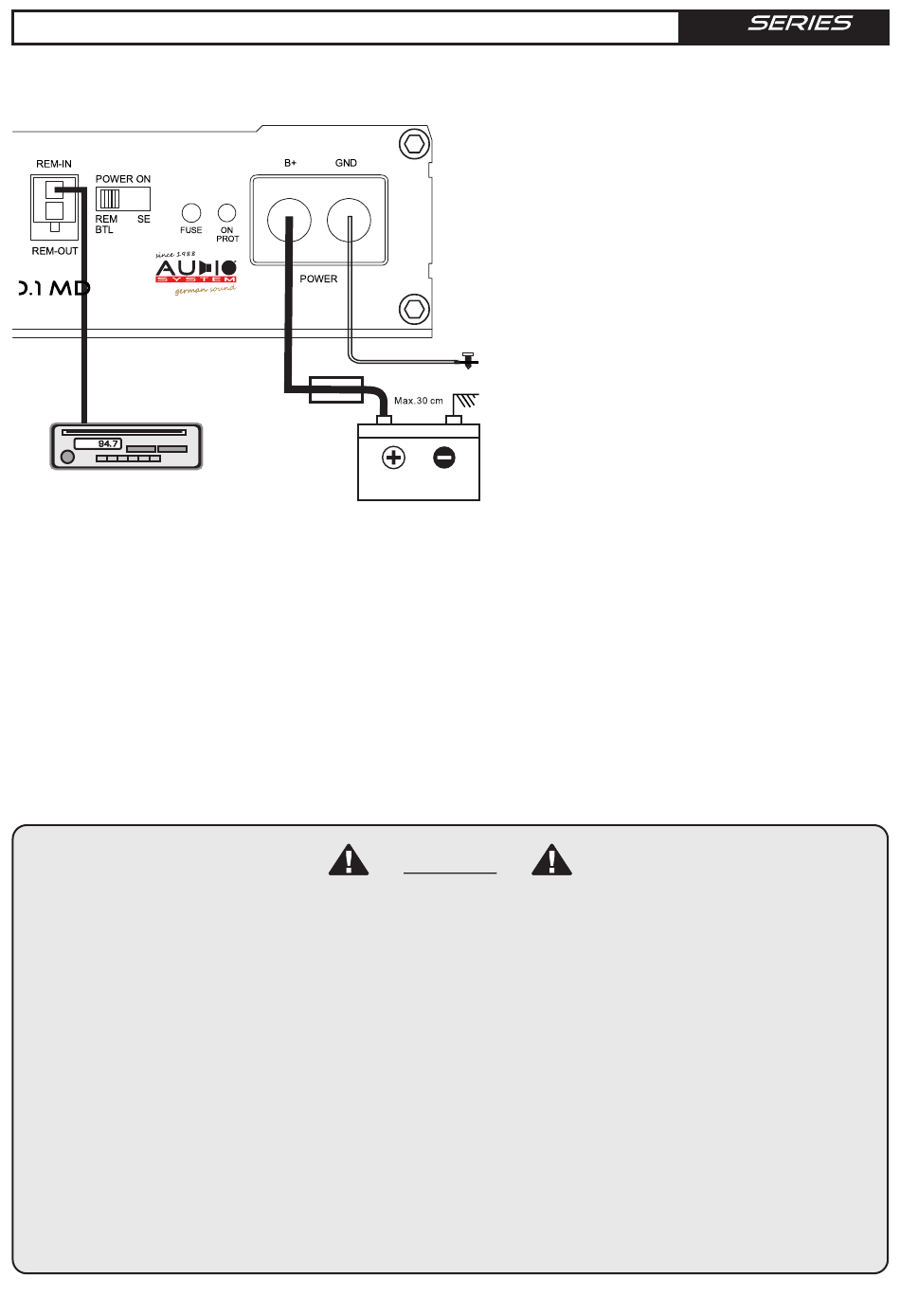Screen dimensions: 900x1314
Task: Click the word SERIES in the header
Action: [800, 24]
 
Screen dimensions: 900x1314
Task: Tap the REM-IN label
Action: [54, 164]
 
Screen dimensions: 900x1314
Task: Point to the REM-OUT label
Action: [55, 251]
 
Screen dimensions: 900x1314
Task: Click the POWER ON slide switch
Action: [123, 199]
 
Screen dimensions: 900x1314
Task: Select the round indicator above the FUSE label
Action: [190, 212]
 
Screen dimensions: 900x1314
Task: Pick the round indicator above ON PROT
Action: [227, 212]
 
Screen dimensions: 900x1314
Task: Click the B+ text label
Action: [291, 163]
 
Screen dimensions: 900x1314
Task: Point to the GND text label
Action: [346, 163]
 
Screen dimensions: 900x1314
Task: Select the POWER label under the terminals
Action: [318, 279]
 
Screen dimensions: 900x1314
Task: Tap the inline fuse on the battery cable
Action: [336, 388]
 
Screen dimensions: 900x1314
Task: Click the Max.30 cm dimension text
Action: [418, 401]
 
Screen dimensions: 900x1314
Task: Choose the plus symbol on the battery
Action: [393, 458]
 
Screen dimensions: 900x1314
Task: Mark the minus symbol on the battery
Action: [443, 458]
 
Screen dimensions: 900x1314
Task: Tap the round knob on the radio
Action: [67, 458]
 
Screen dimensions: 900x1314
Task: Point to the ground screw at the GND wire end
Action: [467, 359]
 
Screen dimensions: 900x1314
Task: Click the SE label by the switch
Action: [144, 219]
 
